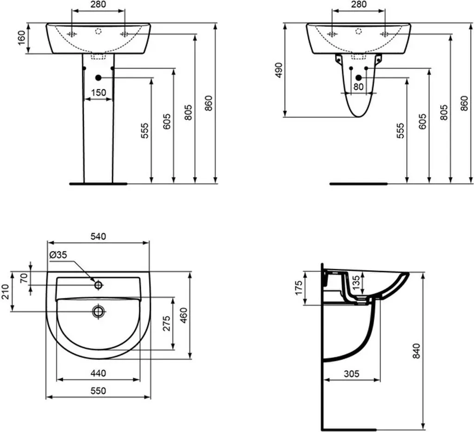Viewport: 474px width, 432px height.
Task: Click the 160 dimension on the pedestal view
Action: click(x=22, y=38)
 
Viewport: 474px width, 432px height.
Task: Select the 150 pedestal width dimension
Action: click(x=99, y=93)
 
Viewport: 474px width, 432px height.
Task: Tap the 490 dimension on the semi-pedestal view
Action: click(x=279, y=70)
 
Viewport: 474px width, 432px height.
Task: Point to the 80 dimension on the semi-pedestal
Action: click(x=358, y=86)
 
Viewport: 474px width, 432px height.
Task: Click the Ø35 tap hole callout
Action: click(x=58, y=255)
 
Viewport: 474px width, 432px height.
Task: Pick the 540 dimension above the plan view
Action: click(x=99, y=236)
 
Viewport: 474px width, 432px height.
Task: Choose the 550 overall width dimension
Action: click(x=99, y=391)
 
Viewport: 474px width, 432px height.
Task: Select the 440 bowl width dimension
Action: click(x=99, y=373)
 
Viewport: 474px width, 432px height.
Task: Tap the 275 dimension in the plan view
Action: click(x=167, y=323)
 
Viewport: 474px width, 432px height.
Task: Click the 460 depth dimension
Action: click(x=183, y=315)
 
